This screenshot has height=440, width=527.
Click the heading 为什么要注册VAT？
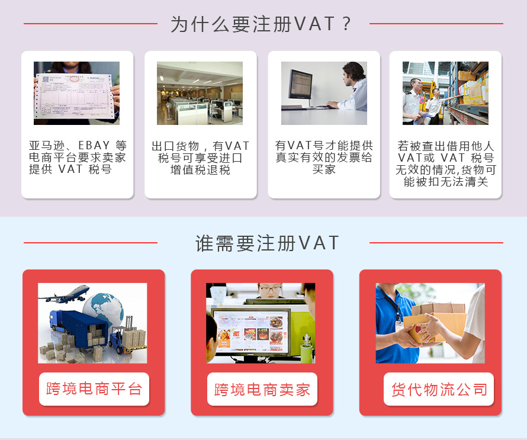261,24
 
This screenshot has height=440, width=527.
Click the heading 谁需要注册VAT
267,243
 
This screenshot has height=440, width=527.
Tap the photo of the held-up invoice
76,93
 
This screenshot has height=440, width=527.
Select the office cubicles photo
200,93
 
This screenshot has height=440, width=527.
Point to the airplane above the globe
65,294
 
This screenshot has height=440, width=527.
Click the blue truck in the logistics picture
78,329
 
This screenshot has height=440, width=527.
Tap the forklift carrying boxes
128,336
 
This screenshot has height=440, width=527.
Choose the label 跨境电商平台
94,389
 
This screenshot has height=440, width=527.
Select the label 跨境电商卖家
262,390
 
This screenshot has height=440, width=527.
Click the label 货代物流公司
439,390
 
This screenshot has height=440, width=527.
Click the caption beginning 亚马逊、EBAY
78,158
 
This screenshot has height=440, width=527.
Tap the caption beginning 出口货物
200,158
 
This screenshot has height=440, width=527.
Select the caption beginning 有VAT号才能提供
324,158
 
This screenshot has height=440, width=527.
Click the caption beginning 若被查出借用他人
446,163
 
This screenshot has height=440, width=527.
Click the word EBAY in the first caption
94,146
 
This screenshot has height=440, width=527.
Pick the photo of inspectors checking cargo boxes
445,93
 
